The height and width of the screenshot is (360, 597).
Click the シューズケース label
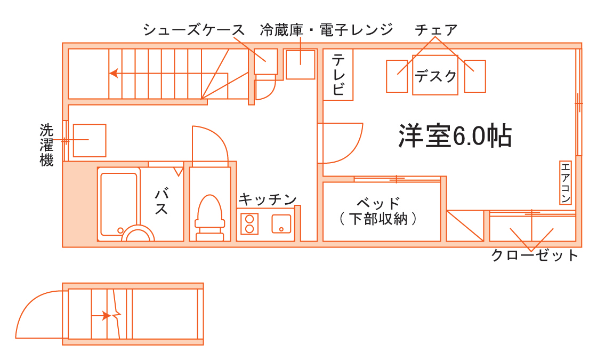pos(193,30)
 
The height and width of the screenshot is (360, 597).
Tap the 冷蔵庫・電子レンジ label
pos(326,30)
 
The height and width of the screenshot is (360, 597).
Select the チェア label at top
pos(436,30)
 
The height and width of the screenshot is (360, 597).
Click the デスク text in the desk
pos(435,77)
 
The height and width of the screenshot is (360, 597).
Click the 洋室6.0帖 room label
pos(455,137)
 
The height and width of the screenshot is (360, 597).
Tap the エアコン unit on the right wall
pos(566,182)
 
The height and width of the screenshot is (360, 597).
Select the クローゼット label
pos(534,256)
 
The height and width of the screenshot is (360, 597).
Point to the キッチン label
pos(267,199)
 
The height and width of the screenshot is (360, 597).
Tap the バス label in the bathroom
pos(161,202)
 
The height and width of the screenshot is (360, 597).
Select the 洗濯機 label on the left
pos(47,145)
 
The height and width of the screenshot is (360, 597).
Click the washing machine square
pos(90,140)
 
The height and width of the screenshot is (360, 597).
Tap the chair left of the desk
pos(397,76)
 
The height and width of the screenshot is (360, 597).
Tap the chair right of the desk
pos(474,76)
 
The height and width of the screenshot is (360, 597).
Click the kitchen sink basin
pos(281,223)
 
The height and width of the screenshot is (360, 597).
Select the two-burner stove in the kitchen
pos(249,223)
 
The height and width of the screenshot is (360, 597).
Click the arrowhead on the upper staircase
pos(113,73)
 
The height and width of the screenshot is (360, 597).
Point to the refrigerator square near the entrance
pos(300,64)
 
